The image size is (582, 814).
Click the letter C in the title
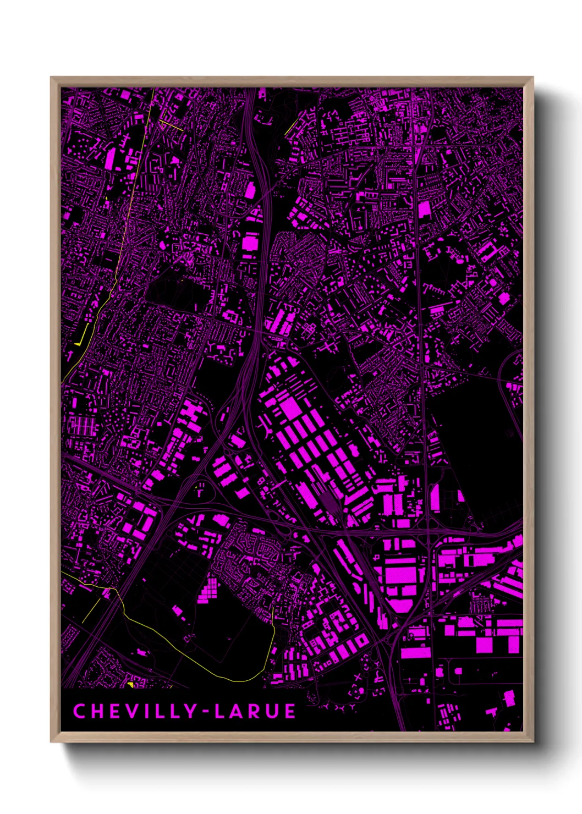[x=79, y=711]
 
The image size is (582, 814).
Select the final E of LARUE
[x=290, y=711]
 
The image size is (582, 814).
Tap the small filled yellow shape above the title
[x=130, y=684]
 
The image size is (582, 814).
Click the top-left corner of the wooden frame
[x=52, y=78]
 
